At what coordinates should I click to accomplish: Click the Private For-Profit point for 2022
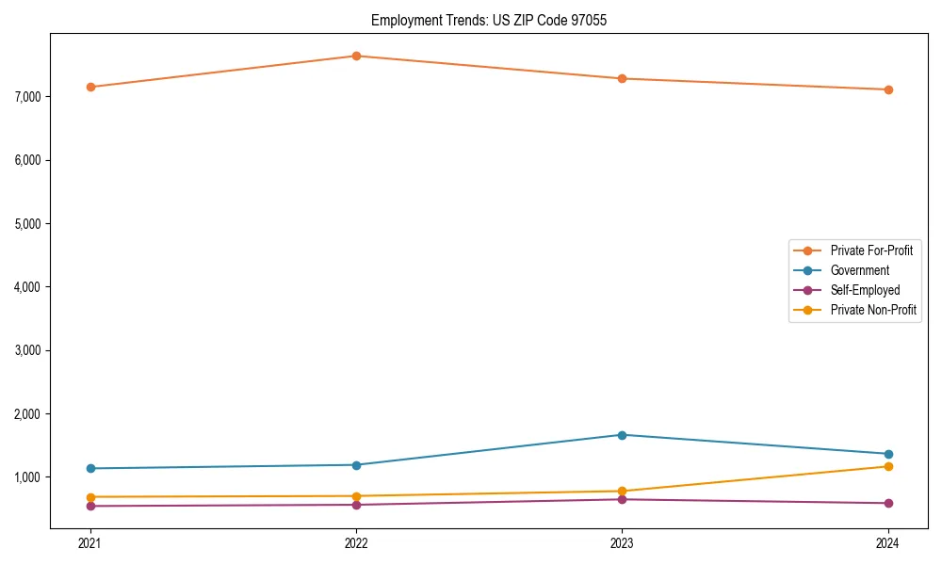coord(356,56)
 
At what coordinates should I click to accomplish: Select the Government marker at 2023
coord(622,435)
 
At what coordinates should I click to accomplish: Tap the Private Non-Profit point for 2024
coord(888,466)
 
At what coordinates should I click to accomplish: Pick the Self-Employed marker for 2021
coord(90,506)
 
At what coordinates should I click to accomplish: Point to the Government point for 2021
coord(90,468)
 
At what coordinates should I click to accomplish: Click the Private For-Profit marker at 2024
coord(888,89)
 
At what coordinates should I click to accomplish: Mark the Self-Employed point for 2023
coord(622,499)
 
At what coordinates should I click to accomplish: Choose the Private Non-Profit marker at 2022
coord(356,496)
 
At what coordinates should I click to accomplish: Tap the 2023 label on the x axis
coord(622,542)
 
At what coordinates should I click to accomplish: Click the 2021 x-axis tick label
coord(90,542)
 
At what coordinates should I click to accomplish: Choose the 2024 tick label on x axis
coord(888,542)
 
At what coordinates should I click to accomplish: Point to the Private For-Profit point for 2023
coord(622,78)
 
